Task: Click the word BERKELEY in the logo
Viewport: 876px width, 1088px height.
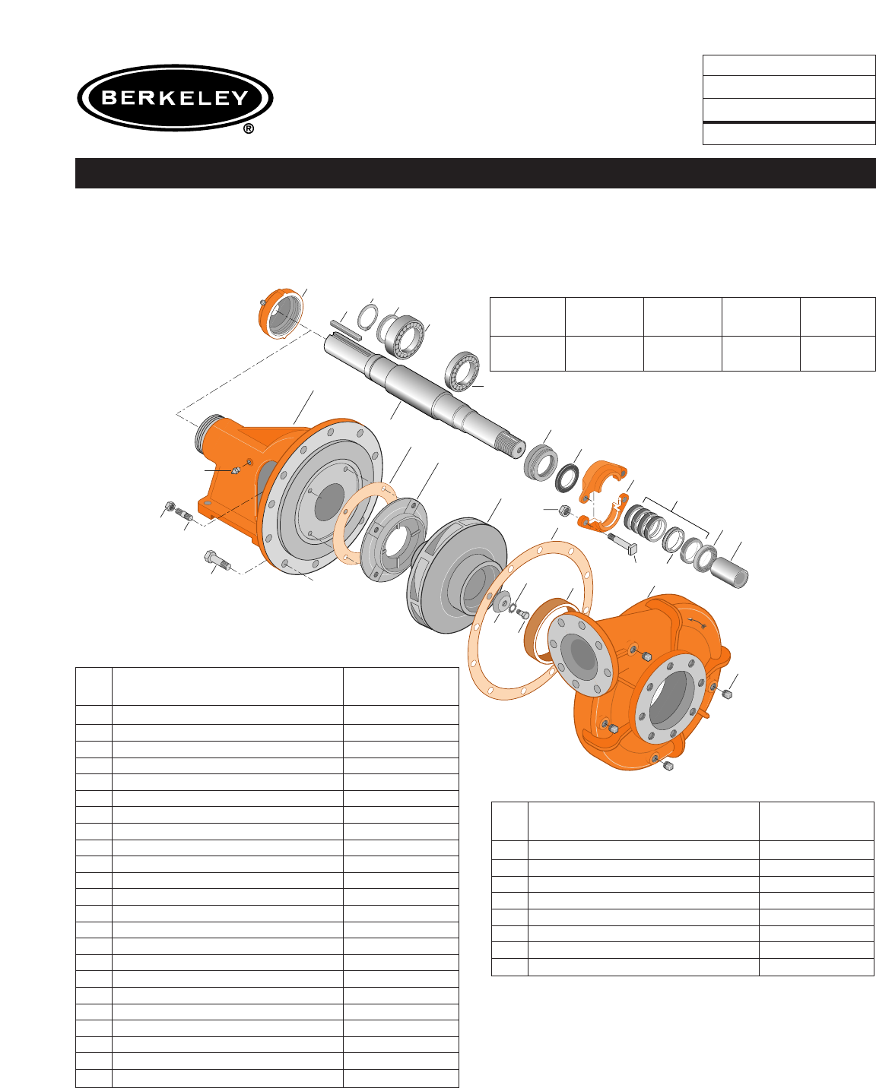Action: pyautogui.click(x=175, y=97)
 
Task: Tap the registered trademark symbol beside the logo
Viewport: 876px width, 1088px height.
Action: pyautogui.click(x=249, y=129)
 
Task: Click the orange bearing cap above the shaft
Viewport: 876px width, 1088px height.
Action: pyautogui.click(x=281, y=314)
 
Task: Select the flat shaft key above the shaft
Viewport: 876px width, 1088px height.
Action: pyautogui.click(x=346, y=329)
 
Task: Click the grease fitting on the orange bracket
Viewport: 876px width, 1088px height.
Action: pyautogui.click(x=235, y=471)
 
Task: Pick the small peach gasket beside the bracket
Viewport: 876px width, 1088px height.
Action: pyautogui.click(x=365, y=523)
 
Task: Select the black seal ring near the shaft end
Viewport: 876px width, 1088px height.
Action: pyautogui.click(x=567, y=477)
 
